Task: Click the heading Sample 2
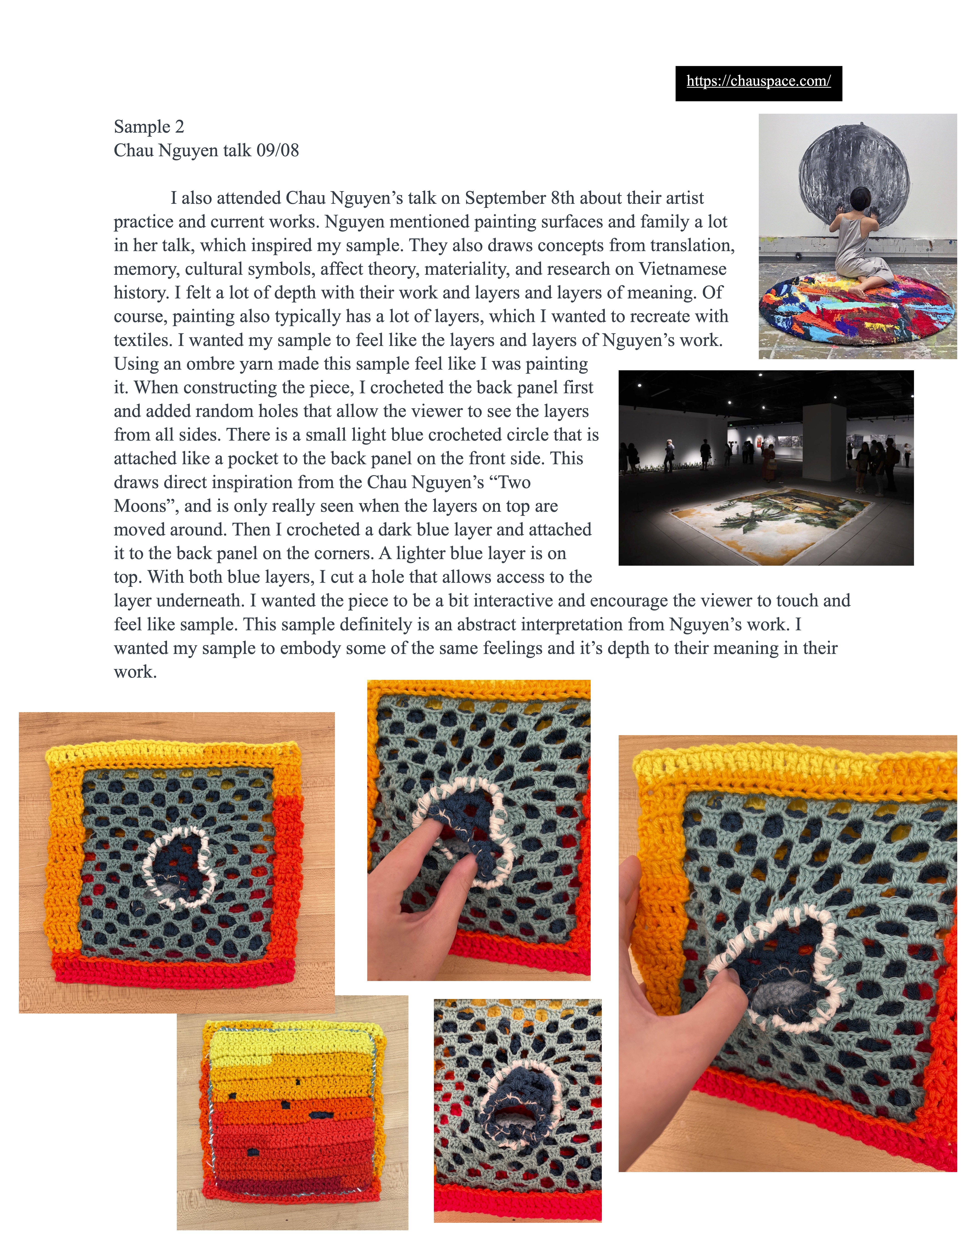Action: tap(149, 127)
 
